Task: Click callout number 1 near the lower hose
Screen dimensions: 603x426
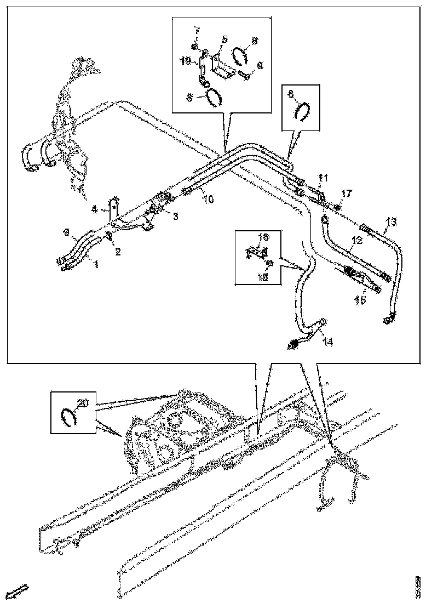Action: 95,265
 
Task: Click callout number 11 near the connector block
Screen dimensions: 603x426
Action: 323,178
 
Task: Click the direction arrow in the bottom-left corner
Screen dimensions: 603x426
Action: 20,591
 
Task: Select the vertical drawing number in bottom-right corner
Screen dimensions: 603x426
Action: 417,583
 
